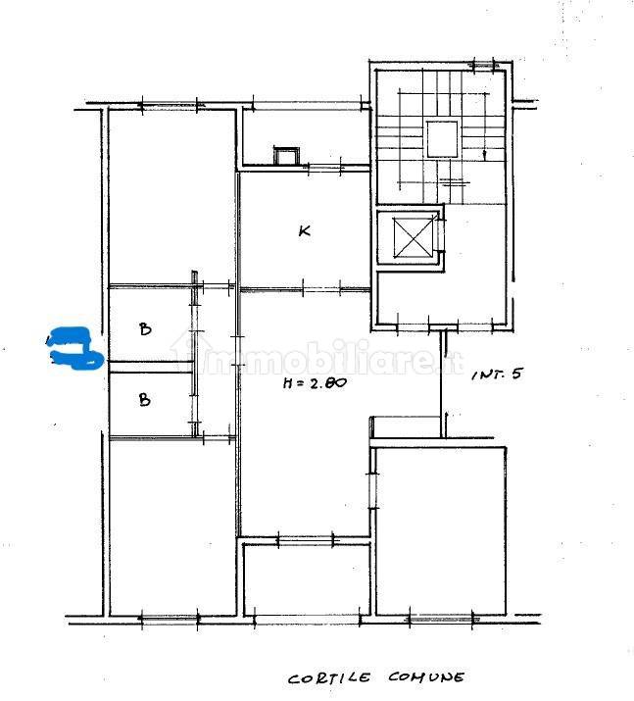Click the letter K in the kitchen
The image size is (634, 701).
305,230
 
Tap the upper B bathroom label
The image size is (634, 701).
145,329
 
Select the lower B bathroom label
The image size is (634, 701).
144,399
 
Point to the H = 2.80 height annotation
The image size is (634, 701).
315,382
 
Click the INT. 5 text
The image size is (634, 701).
497,374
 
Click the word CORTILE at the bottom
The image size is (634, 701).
329,678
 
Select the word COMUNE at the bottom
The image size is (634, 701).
426,677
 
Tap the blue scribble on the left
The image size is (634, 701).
76,349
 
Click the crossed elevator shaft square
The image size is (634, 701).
414,237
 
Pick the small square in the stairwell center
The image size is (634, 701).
442,139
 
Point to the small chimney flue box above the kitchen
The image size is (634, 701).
285,157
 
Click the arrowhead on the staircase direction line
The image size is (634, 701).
484,154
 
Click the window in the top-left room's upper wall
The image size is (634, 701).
170,106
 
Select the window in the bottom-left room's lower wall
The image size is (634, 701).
170,619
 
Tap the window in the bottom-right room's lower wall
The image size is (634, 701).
441,620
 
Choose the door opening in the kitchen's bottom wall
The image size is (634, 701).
321,289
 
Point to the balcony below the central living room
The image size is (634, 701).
307,579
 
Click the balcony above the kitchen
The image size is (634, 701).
307,136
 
